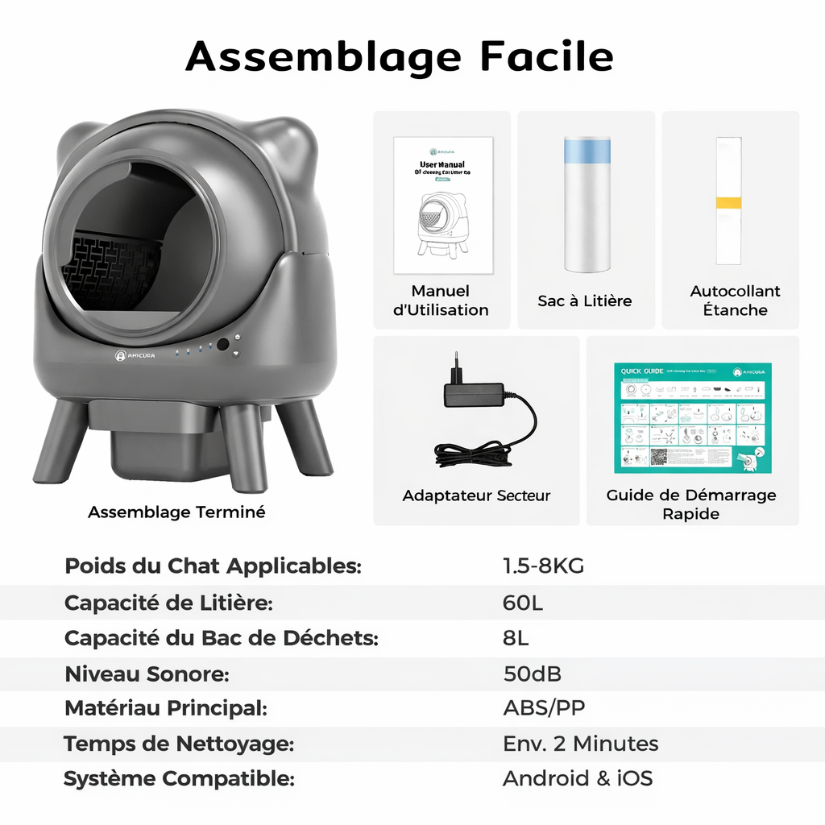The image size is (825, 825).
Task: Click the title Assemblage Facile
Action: pyautogui.click(x=400, y=56)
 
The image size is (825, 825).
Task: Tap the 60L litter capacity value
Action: pyautogui.click(x=523, y=602)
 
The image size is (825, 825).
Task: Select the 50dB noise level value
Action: pyautogui.click(x=533, y=673)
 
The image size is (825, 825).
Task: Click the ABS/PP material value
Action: pyautogui.click(x=544, y=708)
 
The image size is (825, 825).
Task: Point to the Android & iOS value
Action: pyautogui.click(x=577, y=778)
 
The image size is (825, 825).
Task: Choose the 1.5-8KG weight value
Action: pyautogui.click(x=543, y=566)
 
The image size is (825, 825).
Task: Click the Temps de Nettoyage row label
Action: pyautogui.click(x=178, y=744)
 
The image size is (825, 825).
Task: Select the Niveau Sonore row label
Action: pyautogui.click(x=147, y=673)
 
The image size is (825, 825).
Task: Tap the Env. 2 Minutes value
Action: pyautogui.click(x=580, y=744)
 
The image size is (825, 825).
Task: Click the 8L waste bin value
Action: pyautogui.click(x=516, y=638)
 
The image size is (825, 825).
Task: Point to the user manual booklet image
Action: pyautogui.click(x=442, y=205)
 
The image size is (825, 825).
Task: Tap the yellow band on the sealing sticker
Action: pyautogui.click(x=728, y=202)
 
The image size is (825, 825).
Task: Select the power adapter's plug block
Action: pyautogui.click(x=474, y=394)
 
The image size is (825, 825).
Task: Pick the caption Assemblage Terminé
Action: pyautogui.click(x=176, y=512)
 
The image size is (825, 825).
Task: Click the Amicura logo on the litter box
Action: pyautogui.click(x=135, y=354)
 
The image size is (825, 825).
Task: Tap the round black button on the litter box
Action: pyautogui.click(x=223, y=344)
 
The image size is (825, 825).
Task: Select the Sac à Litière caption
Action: pyautogui.click(x=585, y=301)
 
